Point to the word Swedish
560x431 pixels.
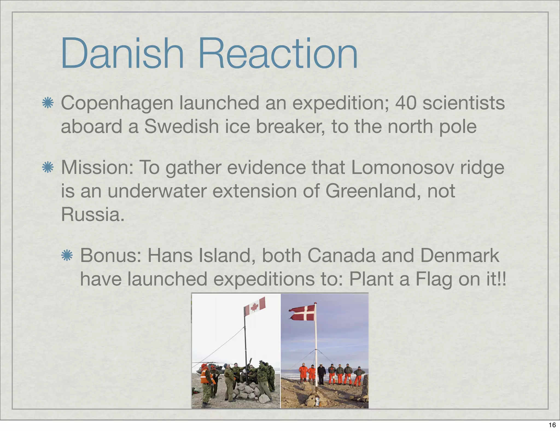[182, 127]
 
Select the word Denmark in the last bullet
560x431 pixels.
[459, 255]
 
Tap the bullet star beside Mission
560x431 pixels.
[48, 167]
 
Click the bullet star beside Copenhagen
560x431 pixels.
[48, 103]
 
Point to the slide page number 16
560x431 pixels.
[552, 425]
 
